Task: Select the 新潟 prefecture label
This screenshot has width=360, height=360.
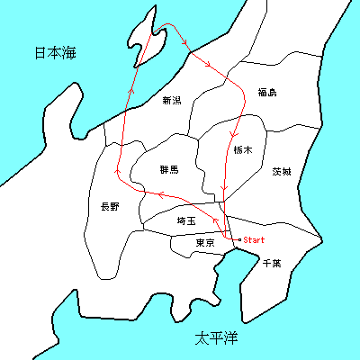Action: click(x=171, y=101)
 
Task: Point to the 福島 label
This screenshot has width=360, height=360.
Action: click(x=266, y=92)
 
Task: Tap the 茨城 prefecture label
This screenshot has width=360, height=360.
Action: click(x=281, y=171)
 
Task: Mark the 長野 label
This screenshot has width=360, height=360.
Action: click(x=109, y=207)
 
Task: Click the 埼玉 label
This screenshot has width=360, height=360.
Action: click(x=186, y=220)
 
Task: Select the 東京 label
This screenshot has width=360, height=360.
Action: click(x=205, y=244)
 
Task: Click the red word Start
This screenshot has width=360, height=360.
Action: click(x=254, y=240)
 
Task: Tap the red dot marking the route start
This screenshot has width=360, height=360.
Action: click(x=236, y=240)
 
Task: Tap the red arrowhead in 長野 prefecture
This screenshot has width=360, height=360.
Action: click(x=117, y=170)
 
